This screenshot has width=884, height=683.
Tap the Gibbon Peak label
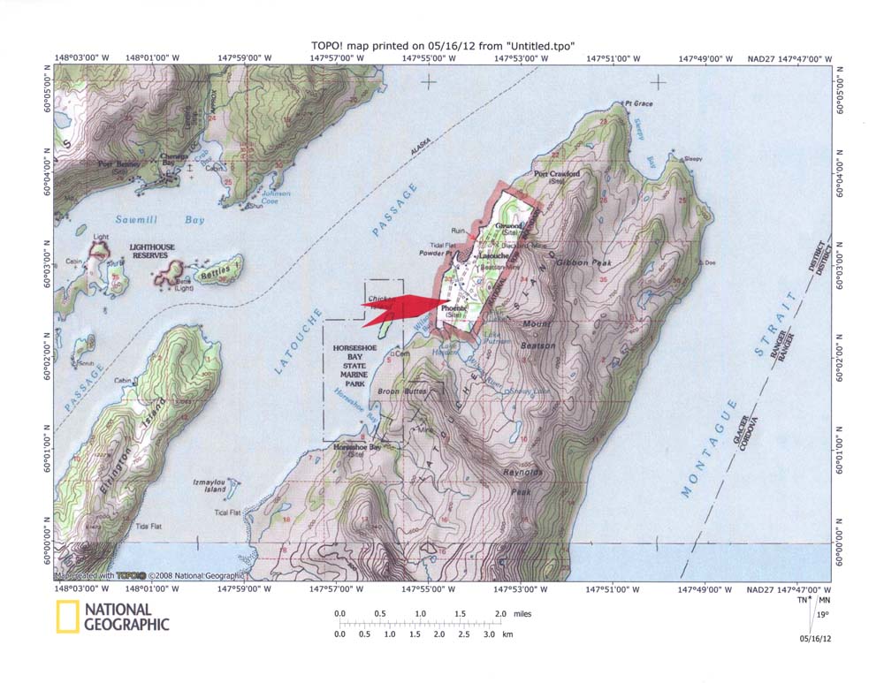[x=581, y=262]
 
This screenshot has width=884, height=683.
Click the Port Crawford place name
[x=558, y=175]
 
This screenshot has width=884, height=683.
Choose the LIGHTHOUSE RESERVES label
[x=156, y=251]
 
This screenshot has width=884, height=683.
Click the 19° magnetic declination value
[x=823, y=615]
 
